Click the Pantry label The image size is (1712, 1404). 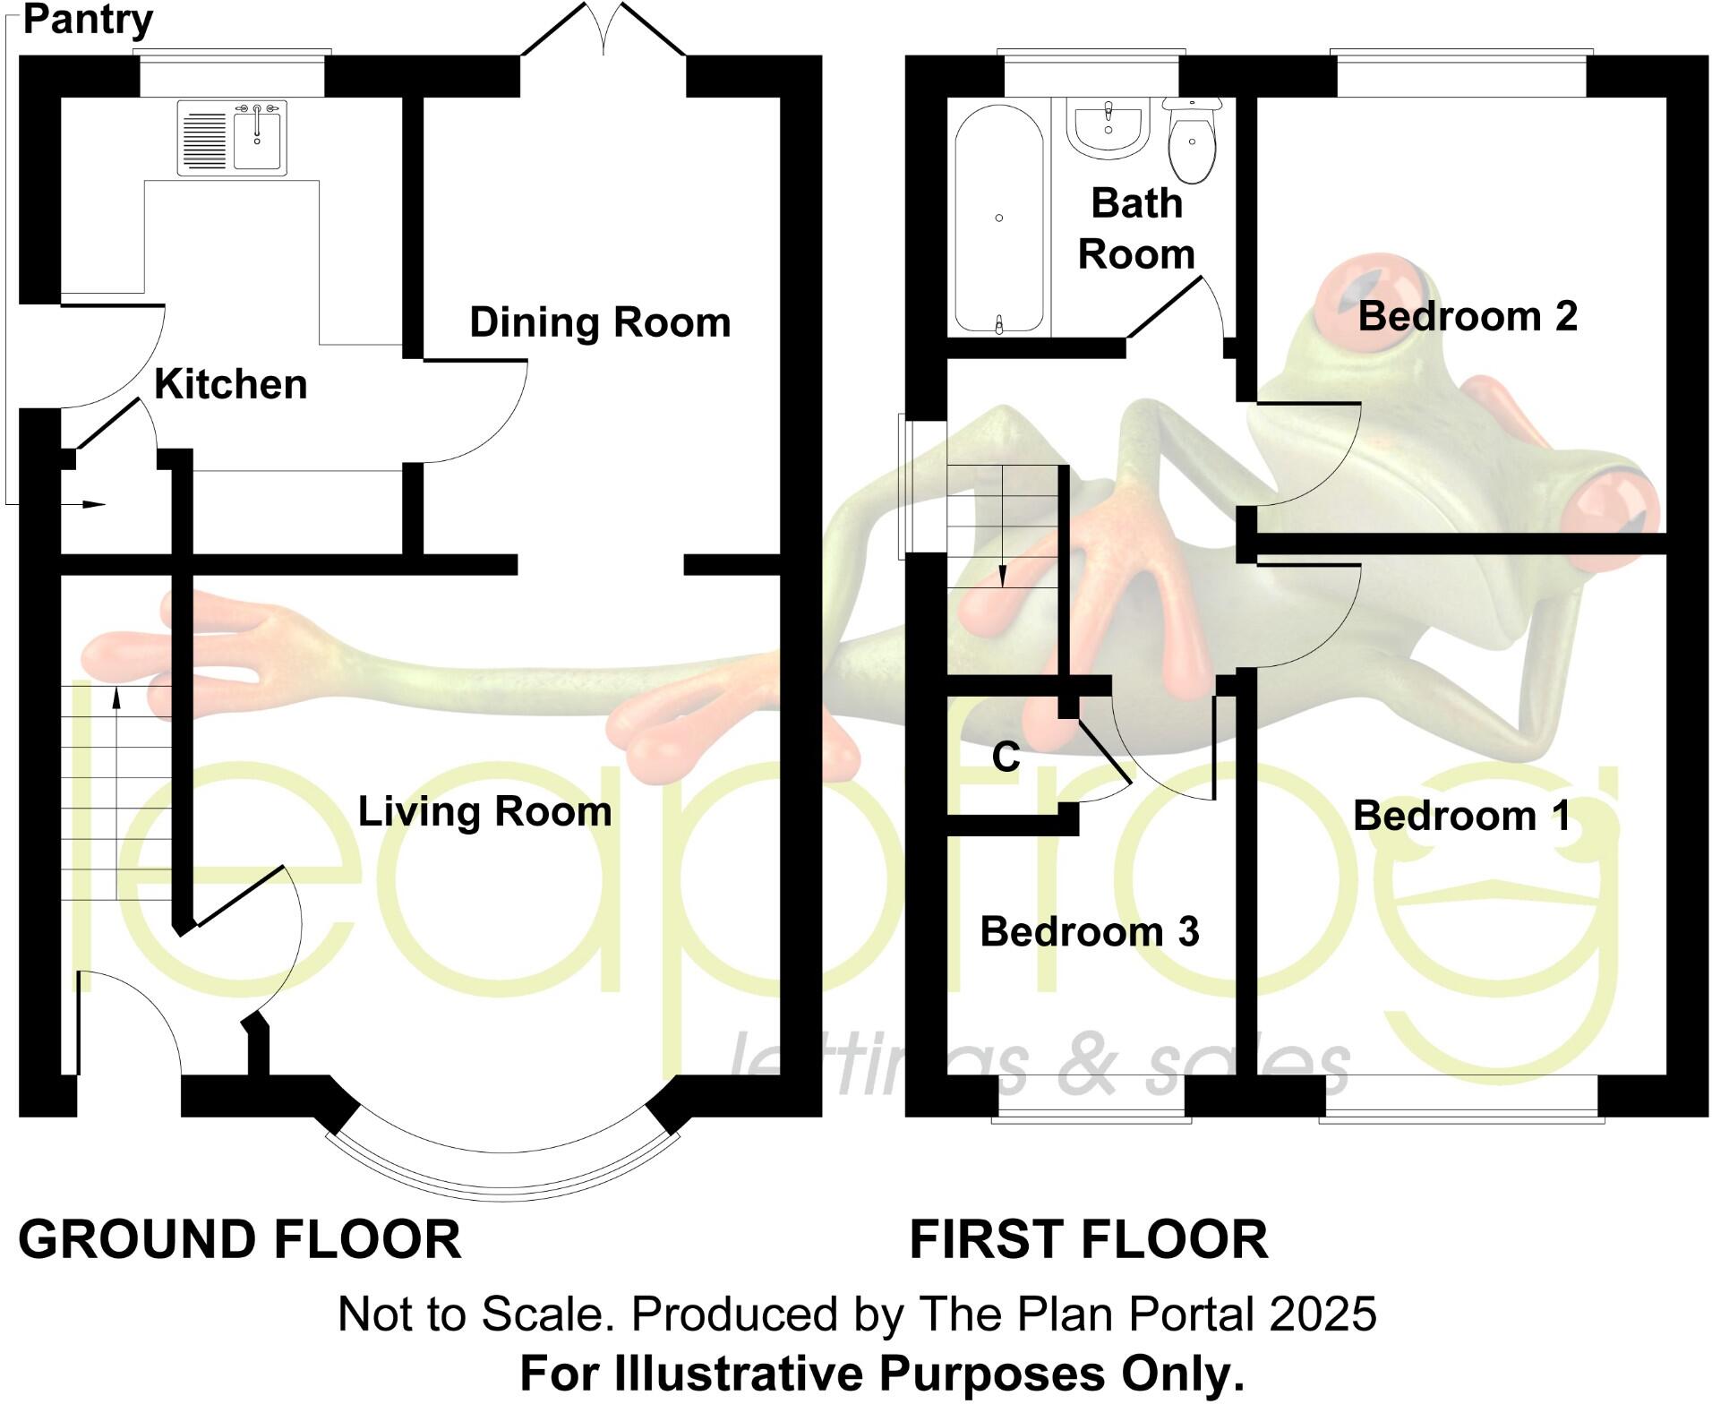coord(88,20)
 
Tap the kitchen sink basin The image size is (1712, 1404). coord(260,138)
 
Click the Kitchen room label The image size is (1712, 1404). coord(231,384)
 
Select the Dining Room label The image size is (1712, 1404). coord(600,322)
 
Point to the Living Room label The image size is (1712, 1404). coord(484,811)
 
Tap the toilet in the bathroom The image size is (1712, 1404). coord(1193,143)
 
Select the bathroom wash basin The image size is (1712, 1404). coord(1109,128)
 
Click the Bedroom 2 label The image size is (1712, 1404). coord(1467,316)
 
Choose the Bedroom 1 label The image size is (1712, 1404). coord(1461,816)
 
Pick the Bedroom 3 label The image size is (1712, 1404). coord(1089,932)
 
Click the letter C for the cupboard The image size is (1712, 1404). coord(1006,758)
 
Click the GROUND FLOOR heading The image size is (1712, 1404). coord(240,1240)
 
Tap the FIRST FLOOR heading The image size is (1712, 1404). coord(1088,1240)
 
